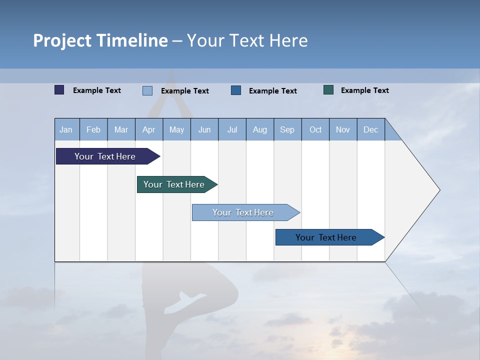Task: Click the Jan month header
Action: [66, 129]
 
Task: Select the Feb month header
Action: [93, 129]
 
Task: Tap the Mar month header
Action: [121, 129]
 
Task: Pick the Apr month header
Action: [149, 129]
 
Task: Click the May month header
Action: [176, 129]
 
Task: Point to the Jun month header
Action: [204, 129]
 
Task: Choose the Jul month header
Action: [232, 129]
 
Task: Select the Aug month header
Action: [260, 129]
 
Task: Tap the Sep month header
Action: [287, 129]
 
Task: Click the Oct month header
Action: [315, 129]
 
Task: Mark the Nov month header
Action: [343, 129]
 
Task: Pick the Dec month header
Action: [371, 129]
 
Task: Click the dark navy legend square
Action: [59, 90]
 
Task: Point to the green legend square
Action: [328, 90]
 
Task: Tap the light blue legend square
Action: [147, 90]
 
